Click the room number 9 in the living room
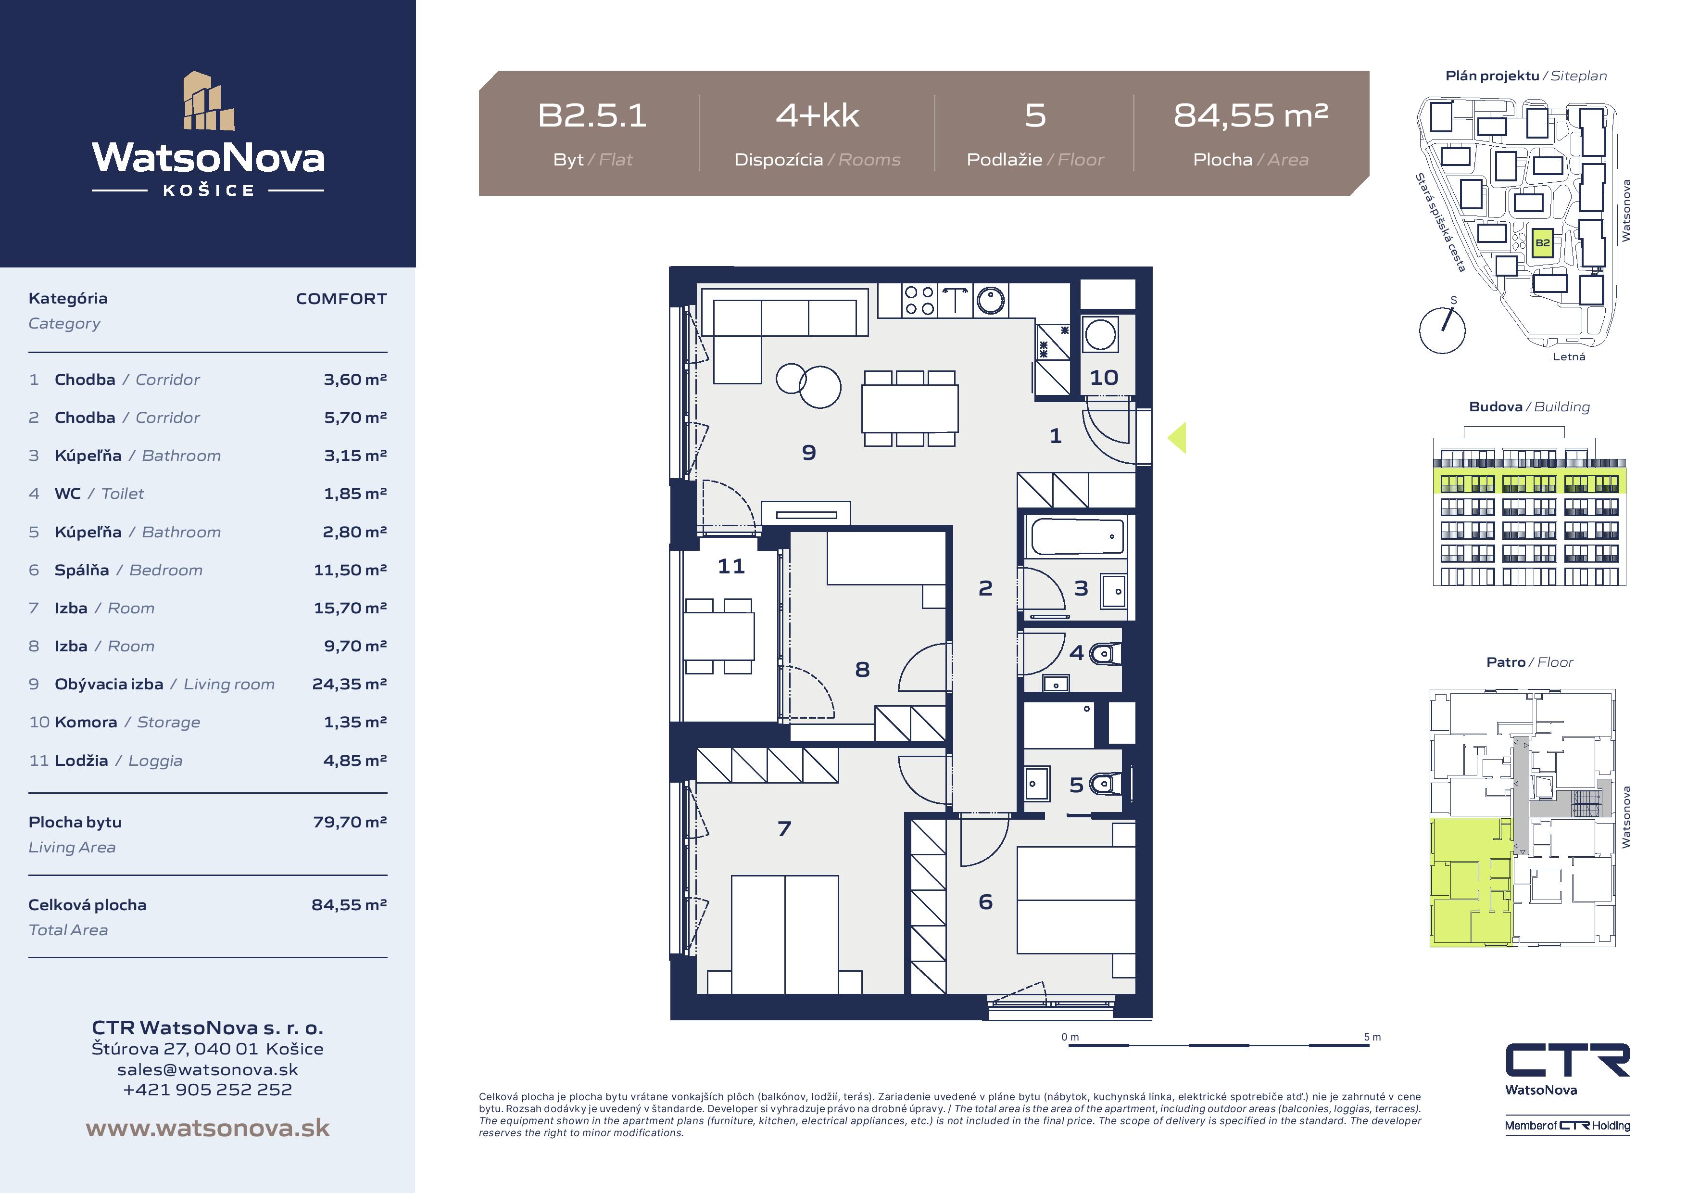pos(809,453)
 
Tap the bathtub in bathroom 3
pos(1078,536)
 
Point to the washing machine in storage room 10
pos(1100,334)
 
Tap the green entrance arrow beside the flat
pos(1177,438)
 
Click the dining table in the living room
pos(910,409)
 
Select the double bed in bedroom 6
pos(1076,901)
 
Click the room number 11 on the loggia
pos(731,566)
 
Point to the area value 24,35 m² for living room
pos(350,685)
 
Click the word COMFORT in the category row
pos(341,298)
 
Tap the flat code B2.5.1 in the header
pos(592,115)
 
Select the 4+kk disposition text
pos(817,115)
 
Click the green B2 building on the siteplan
pos(1543,242)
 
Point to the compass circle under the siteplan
pos(1442,331)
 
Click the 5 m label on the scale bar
pos(1372,1037)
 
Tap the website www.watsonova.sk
pos(208,1129)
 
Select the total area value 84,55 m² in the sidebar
pos(350,905)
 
